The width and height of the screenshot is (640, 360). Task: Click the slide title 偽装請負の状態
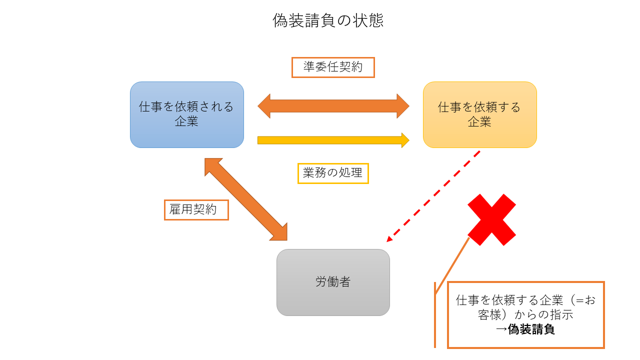coord(328,20)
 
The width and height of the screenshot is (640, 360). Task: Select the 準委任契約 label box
coord(333,67)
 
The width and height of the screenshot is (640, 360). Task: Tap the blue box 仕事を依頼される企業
coord(187,114)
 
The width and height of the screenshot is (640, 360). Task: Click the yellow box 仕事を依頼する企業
coord(479,114)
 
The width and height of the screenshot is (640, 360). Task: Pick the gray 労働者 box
coord(333,282)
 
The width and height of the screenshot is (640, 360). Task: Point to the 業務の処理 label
coord(333,173)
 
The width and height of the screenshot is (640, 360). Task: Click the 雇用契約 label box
coord(196,209)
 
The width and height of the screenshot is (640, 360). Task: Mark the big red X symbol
coord(491,220)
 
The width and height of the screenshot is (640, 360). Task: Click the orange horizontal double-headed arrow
coord(333,106)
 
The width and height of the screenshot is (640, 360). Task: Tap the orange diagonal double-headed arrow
coord(246,199)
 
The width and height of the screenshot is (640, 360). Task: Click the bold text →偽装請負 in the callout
coord(525,330)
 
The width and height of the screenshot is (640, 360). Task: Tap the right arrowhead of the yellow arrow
coord(405,140)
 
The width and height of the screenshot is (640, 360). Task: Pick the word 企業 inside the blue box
coord(186,121)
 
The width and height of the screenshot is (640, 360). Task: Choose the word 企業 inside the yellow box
coord(479,121)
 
